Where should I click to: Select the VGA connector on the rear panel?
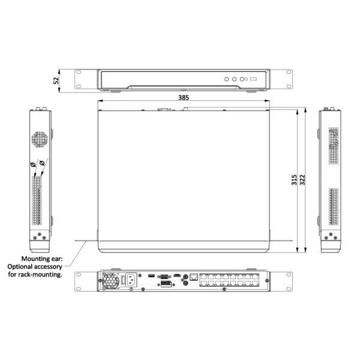pos(163,276)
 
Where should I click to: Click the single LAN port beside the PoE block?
pos(194,278)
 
